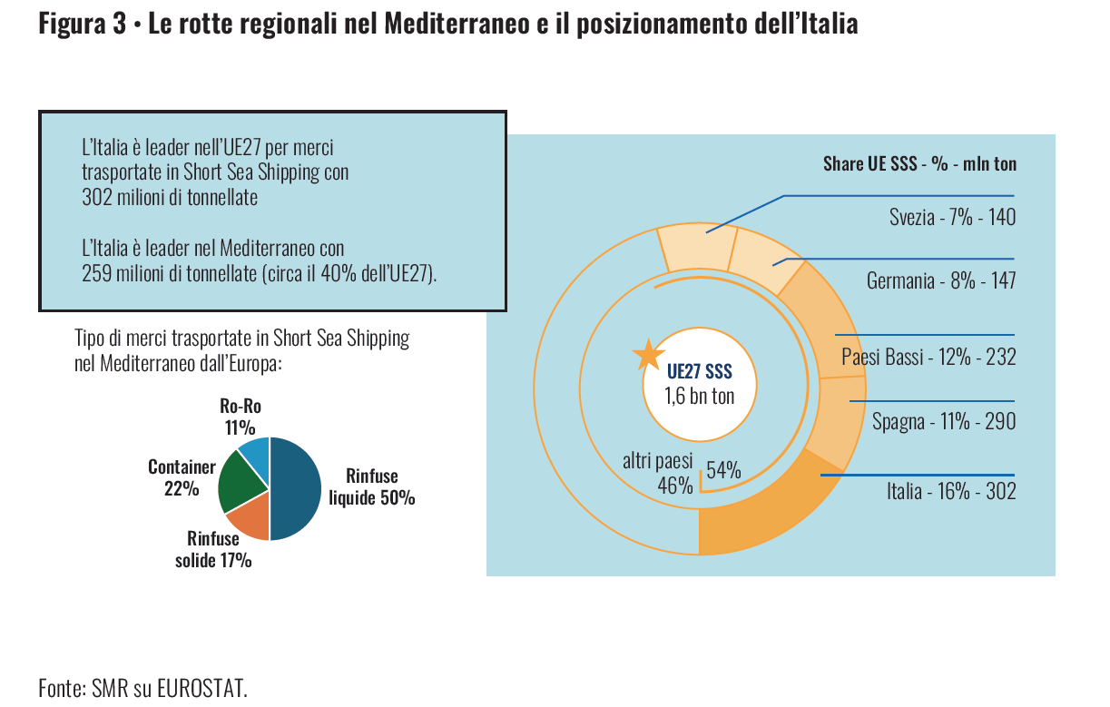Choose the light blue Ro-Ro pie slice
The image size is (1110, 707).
tap(255, 451)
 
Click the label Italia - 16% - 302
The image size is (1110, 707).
tap(951, 492)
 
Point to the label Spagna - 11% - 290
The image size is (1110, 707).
tap(944, 422)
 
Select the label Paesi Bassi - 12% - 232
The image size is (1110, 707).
tap(928, 357)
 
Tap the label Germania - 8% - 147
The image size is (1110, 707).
tap(941, 281)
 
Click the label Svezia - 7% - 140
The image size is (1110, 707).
tap(952, 218)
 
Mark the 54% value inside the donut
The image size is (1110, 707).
tap(723, 470)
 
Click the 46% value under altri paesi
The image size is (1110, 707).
tap(675, 485)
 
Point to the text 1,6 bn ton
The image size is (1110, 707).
tap(700, 396)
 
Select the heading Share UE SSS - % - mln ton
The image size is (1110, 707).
tap(919, 164)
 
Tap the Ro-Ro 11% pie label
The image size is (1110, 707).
tap(241, 417)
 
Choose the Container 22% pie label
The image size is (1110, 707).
tap(182, 477)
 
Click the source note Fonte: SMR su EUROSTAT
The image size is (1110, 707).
tap(142, 687)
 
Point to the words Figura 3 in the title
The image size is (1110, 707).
tap(83, 25)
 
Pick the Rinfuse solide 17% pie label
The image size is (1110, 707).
tap(213, 549)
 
